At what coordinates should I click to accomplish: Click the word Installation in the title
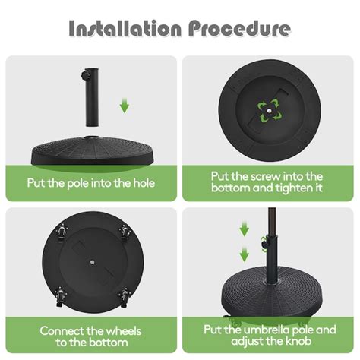click(124, 29)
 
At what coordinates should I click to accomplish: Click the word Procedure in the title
click(239, 29)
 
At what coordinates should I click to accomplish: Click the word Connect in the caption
click(65, 330)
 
